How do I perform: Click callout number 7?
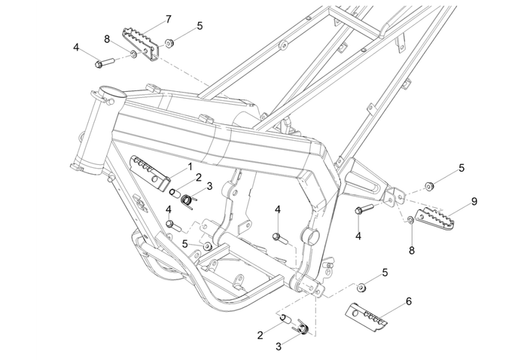click(168, 18)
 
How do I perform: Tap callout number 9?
click(474, 201)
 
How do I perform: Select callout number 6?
click(409, 301)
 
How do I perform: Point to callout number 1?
click(190, 165)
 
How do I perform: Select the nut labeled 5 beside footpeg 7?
click(171, 42)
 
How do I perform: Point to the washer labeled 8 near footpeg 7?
click(134, 54)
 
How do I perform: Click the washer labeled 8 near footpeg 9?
click(410, 219)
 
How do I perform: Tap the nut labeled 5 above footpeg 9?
click(428, 185)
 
